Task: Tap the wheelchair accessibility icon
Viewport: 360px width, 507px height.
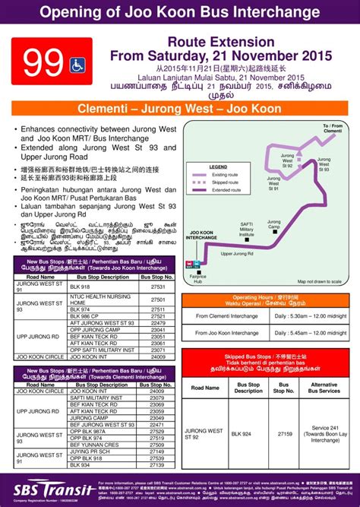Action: click(x=78, y=65)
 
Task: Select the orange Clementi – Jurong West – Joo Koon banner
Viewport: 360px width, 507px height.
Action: click(x=179, y=109)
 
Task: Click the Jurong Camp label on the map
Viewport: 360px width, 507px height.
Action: click(x=274, y=226)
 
